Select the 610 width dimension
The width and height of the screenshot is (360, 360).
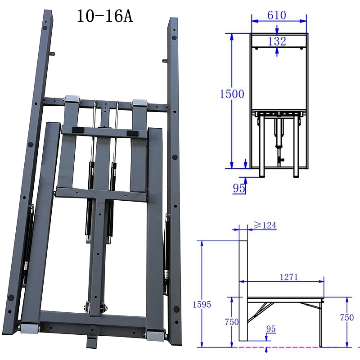tap(277, 15)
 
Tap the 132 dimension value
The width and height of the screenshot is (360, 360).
tap(277, 41)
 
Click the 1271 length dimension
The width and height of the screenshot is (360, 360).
tap(288, 277)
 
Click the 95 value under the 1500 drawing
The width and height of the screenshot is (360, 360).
tap(239, 188)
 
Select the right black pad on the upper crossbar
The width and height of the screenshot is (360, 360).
tap(133, 134)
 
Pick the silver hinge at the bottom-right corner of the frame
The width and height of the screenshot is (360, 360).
tap(156, 335)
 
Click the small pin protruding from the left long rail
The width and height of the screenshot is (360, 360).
tap(54, 54)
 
